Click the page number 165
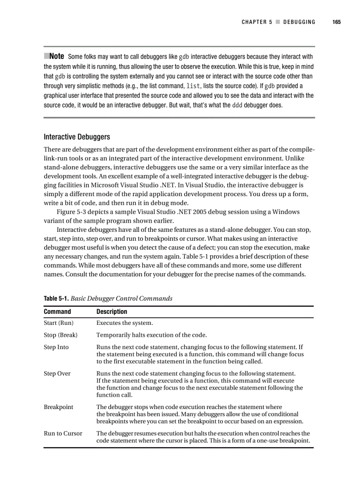click(x=337, y=22)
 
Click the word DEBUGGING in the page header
click(x=299, y=22)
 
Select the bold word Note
click(x=57, y=56)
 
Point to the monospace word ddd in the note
click(x=237, y=105)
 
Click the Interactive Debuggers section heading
click(x=77, y=137)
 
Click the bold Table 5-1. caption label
click(x=56, y=298)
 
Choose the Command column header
click(x=57, y=312)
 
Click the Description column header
click(x=112, y=312)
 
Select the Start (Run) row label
click(x=58, y=323)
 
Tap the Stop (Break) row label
click(x=60, y=335)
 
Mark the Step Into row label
click(x=56, y=347)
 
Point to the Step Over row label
click(x=57, y=373)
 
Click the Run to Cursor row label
click(x=63, y=433)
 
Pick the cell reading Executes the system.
click(x=124, y=323)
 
